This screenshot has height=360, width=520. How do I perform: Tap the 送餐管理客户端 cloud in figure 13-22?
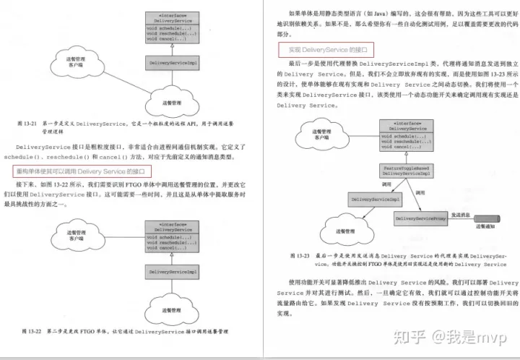pos(77,239)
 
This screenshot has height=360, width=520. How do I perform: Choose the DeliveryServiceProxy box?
pos(420,216)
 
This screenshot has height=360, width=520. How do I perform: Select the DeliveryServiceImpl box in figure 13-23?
pos(376,197)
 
